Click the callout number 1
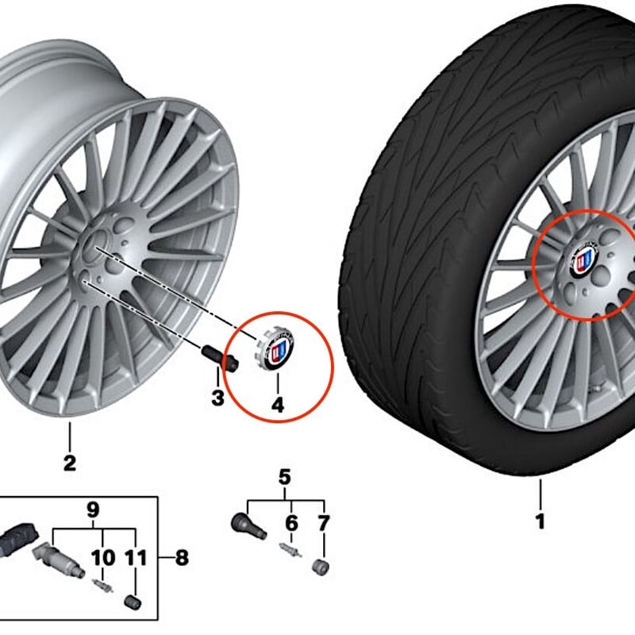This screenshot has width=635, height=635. point(541,521)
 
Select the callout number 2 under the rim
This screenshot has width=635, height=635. point(70,464)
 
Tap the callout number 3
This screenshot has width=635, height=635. point(217,398)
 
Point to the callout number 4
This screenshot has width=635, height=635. point(278,405)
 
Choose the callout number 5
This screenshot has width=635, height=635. point(285,477)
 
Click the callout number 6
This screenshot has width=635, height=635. point(291,523)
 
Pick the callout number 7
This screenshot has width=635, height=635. point(323,523)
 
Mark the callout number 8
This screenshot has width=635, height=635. point(182,558)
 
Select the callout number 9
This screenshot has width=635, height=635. point(93,510)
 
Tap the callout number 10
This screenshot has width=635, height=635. point(103,558)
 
